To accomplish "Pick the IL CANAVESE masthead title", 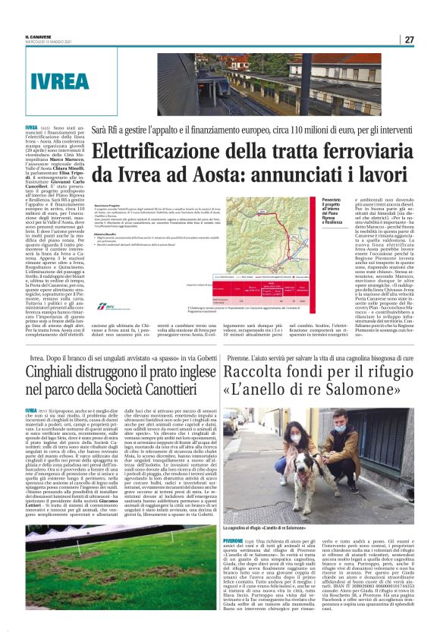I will pos(45,36).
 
